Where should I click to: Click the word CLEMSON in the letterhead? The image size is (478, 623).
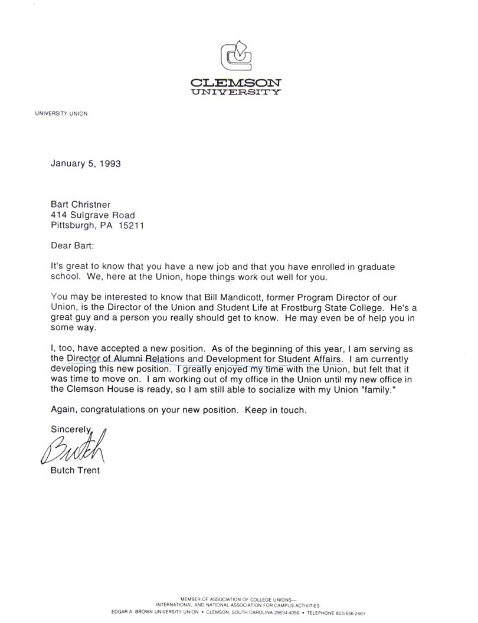click(236, 83)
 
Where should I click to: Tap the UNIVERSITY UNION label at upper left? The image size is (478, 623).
click(61, 114)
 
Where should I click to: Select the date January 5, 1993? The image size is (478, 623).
click(86, 163)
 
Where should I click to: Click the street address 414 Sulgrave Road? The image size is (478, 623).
click(93, 215)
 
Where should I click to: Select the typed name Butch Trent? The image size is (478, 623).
click(75, 471)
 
